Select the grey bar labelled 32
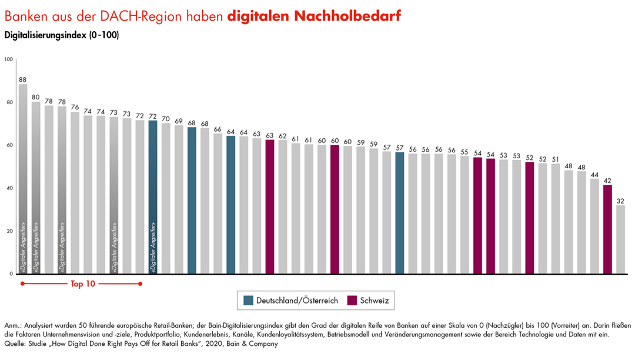pos(620,239)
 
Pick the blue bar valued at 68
pos(192,201)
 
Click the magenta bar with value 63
pos(270,206)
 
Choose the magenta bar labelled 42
pos(607,229)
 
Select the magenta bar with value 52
pos(529,218)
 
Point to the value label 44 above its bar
pos(594,174)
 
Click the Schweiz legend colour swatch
pos(353,301)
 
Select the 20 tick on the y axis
pos(9,231)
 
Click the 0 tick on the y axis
pos(11,274)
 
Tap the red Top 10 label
pos(83,284)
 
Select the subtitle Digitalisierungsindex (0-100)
pos(61,35)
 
